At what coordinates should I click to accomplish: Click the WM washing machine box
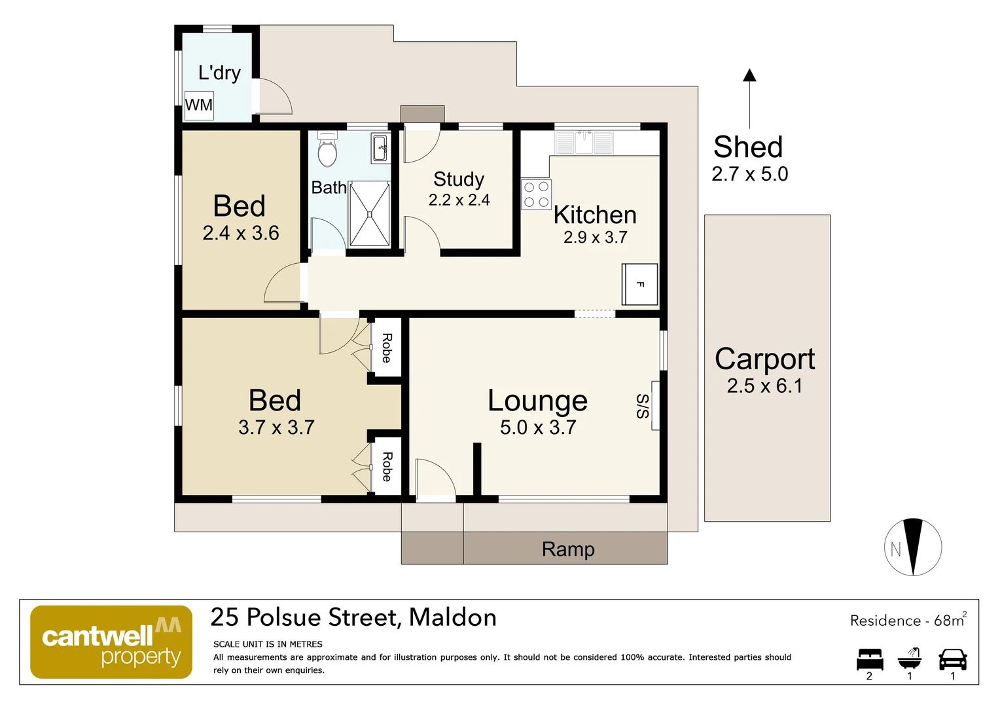[199, 105]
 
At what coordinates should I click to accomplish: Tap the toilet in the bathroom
[327, 149]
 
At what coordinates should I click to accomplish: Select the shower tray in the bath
[369, 214]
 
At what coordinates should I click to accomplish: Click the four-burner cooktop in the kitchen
[536, 194]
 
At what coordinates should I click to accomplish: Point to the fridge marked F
[640, 285]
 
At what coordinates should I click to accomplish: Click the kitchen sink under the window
[584, 143]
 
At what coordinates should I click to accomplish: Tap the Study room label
[459, 179]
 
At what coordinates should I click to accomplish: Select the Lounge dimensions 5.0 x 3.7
[538, 427]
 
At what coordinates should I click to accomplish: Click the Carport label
[765, 359]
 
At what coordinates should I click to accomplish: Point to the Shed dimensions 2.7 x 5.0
[750, 174]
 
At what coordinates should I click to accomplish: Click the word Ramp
[568, 549]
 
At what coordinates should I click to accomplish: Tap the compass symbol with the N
[913, 547]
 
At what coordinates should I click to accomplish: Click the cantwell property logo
[111, 642]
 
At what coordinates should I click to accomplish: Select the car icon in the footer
[953, 659]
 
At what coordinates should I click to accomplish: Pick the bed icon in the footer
[870, 659]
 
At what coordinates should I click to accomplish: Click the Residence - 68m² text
[908, 620]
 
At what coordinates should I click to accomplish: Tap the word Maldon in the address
[453, 618]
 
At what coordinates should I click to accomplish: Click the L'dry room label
[220, 73]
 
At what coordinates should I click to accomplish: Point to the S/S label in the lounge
[643, 406]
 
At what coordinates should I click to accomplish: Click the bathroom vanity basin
[380, 149]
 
